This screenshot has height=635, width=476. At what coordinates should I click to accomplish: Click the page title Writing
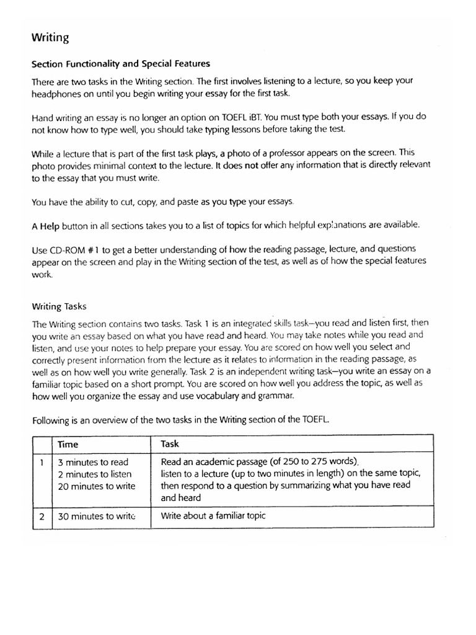pyautogui.click(x=50, y=38)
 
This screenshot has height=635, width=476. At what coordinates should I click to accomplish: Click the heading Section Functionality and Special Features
pyautogui.click(x=121, y=63)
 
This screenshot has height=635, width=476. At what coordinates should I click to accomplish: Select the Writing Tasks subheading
pyautogui.click(x=59, y=306)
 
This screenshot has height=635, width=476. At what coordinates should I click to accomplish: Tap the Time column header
pyautogui.click(x=68, y=444)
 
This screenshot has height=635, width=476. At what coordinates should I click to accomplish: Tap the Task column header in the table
pyautogui.click(x=170, y=444)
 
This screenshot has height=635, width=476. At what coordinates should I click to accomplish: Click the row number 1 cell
pyautogui.click(x=41, y=463)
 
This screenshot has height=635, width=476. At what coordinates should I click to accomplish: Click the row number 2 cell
pyautogui.click(x=41, y=515)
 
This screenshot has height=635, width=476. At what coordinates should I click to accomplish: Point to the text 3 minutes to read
pyautogui.click(x=93, y=463)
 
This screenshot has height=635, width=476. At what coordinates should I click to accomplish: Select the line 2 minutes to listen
pyautogui.click(x=95, y=474)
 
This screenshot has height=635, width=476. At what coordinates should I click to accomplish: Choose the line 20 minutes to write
pyautogui.click(x=96, y=486)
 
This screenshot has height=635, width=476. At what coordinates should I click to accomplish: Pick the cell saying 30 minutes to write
pyautogui.click(x=96, y=515)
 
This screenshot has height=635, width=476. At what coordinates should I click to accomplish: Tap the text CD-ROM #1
pyautogui.click(x=76, y=249)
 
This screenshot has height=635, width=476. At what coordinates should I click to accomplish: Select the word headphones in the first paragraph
pyautogui.click(x=57, y=92)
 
